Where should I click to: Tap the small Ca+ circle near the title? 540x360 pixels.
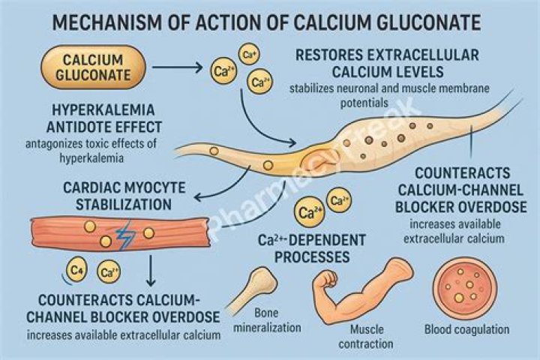[248, 53]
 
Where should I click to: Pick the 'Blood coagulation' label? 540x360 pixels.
[466, 329]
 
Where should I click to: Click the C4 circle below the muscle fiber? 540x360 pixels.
[75, 268]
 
